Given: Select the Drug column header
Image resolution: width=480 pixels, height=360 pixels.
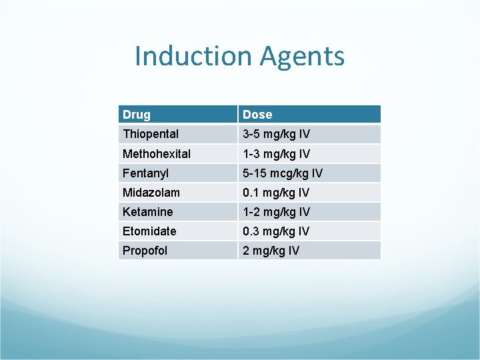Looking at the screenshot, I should tap(137, 115).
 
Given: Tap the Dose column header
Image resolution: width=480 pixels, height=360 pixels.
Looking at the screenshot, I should tap(257, 115).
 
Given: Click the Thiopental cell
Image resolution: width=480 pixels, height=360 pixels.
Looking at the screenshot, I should tap(151, 134).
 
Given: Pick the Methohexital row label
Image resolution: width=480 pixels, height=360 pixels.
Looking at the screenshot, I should tap(157, 153).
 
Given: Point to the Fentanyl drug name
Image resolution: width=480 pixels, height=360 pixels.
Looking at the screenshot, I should tap(145, 173).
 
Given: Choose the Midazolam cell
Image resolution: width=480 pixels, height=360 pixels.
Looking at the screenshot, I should tap(151, 192).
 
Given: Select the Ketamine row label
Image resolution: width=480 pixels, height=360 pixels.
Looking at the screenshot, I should tap(148, 211).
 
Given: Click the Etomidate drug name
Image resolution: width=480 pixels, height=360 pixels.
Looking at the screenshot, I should tap(149, 231).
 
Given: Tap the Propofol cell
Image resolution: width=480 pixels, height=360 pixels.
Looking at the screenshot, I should tap(145, 250).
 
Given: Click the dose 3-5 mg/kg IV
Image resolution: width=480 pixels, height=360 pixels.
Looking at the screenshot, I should tap(276, 134).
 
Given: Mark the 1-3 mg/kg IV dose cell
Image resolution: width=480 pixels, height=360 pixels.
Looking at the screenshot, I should tap(276, 153).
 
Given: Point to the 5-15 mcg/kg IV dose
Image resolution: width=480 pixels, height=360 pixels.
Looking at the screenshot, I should tap(283, 173).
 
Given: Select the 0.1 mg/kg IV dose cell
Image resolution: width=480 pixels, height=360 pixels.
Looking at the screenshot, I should tap(276, 192).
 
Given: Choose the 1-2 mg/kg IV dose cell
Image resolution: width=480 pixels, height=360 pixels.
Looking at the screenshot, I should tap(276, 211).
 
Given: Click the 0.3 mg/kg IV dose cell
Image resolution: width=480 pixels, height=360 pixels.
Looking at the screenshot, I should tap(276, 231).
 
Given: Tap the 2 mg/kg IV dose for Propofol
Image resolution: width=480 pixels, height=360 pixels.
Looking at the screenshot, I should tap(271, 250).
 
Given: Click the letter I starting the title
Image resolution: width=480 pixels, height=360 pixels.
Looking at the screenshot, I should tap(138, 56).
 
